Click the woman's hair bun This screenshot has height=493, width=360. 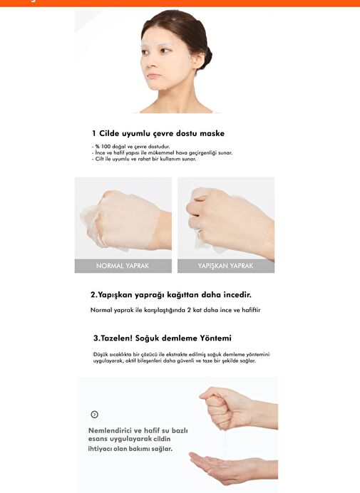(206, 56)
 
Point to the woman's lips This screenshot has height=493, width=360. (153, 76)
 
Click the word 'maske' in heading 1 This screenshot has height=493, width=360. (212, 134)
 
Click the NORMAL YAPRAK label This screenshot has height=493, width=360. (123, 266)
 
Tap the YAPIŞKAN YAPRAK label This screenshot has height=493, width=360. (226, 266)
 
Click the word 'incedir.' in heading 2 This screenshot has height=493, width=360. (237, 295)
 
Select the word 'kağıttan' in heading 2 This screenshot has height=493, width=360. (182, 295)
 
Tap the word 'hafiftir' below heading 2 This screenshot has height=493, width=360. (251, 310)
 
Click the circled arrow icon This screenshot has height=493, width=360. (94, 415)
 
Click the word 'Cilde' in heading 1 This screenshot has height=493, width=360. (109, 134)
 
